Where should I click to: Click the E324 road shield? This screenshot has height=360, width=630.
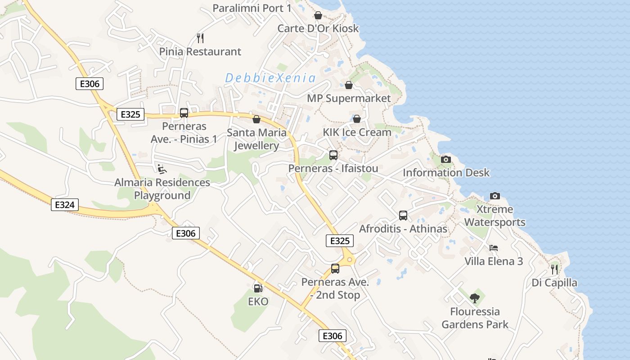[64, 205]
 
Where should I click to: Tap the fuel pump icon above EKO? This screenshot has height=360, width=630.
[258, 288]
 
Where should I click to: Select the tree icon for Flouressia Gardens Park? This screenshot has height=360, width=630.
[474, 298]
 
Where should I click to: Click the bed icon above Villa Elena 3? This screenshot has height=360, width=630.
[494, 248]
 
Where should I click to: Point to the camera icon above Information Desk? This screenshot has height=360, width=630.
[445, 159]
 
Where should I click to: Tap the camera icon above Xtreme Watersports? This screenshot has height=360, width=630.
[495, 196]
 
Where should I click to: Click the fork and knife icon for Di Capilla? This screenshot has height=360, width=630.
[554, 269]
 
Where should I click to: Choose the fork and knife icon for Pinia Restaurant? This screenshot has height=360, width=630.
[200, 38]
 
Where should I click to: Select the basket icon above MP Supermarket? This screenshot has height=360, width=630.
[348, 85]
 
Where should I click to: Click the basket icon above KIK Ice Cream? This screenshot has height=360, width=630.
[357, 119]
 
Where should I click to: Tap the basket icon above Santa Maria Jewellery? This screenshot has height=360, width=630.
[256, 119]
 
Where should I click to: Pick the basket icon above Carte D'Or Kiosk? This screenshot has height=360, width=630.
[318, 15]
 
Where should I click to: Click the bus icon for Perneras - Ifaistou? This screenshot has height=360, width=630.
[333, 155]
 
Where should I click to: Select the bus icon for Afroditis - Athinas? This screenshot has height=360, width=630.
[403, 216]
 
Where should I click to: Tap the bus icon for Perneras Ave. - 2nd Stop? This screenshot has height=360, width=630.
[335, 269]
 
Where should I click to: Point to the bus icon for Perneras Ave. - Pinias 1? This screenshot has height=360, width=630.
[184, 113]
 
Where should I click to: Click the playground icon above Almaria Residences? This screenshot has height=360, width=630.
[162, 169]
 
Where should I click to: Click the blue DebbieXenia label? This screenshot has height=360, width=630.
[270, 78]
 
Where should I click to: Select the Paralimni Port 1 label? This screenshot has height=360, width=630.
[252, 8]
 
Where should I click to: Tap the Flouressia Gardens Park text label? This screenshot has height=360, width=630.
[475, 318]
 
